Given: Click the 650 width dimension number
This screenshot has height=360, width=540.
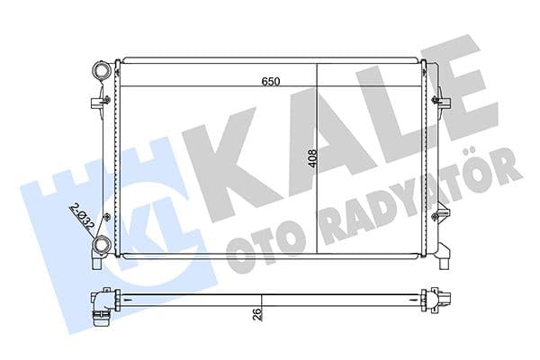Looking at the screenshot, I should point(271,81).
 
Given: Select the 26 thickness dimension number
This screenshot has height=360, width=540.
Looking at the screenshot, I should point(256,315).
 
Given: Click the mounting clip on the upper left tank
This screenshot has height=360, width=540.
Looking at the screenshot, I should point(97,101).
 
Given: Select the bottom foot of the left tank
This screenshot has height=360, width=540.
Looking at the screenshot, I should point(96,264).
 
